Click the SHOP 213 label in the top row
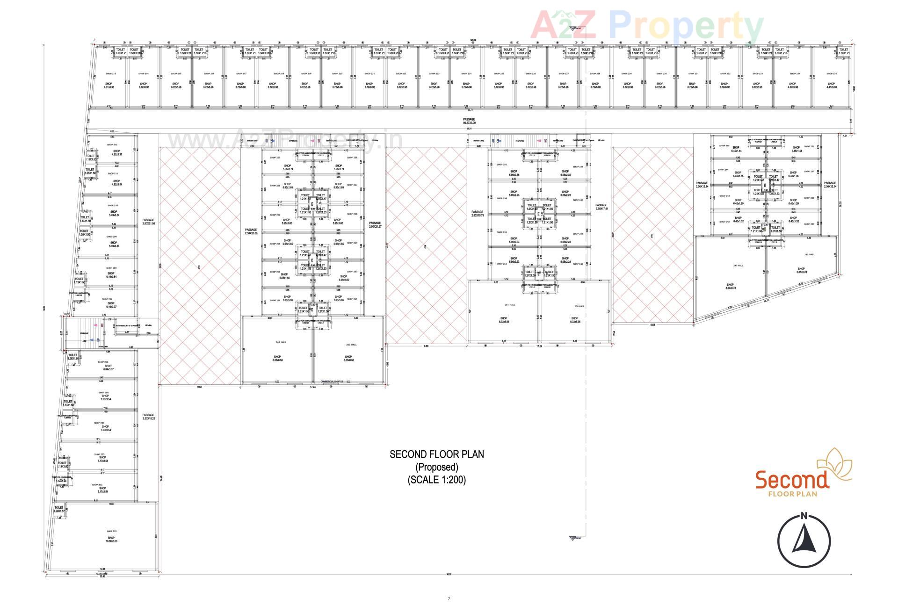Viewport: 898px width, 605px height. pyautogui.click(x=110, y=73)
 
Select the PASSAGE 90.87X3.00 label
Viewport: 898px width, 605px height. pyautogui.click(x=469, y=121)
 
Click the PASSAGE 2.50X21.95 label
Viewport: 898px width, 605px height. pyautogui.click(x=148, y=222)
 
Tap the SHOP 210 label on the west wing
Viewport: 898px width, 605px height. pyautogui.click(x=113, y=205)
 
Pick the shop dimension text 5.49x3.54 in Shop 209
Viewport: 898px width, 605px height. pyautogui.click(x=114, y=246)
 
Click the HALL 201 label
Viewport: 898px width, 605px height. pyautogui.click(x=111, y=531)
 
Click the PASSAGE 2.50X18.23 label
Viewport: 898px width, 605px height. pyautogui.click(x=148, y=417)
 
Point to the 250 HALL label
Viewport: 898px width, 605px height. pyautogui.click(x=579, y=306)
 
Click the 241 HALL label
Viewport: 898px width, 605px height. pyautogui.click(x=738, y=265)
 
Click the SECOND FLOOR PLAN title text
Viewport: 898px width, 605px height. pyautogui.click(x=437, y=454)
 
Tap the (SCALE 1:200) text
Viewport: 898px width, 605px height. pyautogui.click(x=437, y=479)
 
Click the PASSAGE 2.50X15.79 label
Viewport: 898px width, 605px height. pyautogui.click(x=477, y=214)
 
